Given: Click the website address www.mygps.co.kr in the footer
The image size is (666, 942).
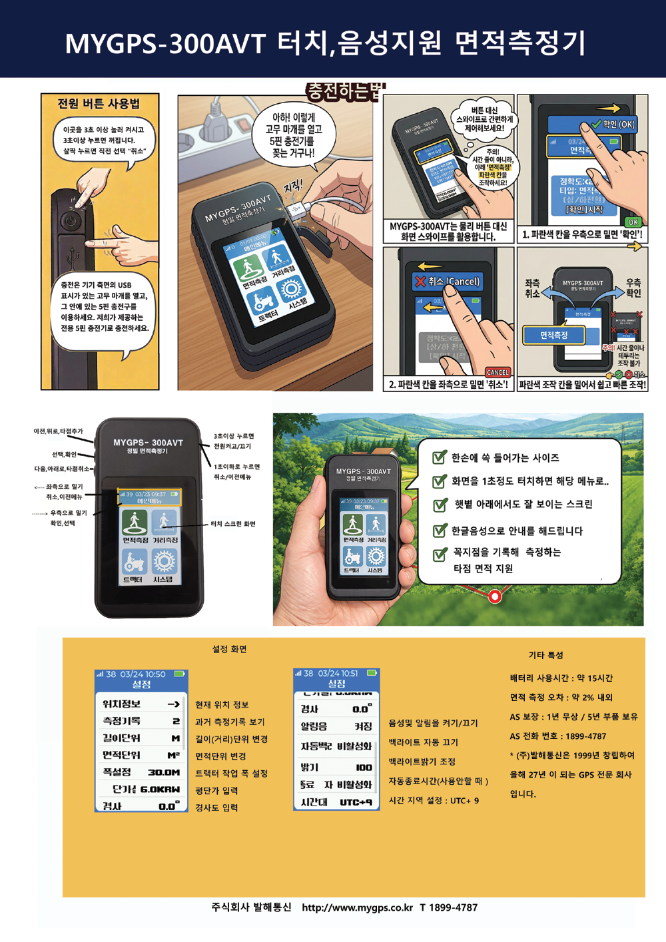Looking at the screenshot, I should point(357,907).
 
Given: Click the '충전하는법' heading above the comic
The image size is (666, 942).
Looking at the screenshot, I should point(345,91).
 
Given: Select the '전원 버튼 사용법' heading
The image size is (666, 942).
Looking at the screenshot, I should point(99,104).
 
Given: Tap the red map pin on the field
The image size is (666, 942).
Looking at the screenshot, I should point(495,596).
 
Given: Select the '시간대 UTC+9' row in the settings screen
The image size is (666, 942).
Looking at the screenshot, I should point(336,802).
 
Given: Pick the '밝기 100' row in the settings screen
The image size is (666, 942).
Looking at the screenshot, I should point(336,767).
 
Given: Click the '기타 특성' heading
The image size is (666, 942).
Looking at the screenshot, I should point(545,655).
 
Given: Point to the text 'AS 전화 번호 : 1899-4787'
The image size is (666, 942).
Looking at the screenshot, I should point(558,736).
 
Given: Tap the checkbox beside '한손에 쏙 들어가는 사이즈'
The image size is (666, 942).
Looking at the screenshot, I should point(440,457).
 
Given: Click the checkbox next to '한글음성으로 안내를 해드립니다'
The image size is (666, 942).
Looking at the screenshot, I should point(440,531).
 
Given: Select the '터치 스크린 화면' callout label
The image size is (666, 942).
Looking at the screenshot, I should point(233,524).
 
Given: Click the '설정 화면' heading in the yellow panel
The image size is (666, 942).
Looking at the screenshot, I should point(229,649).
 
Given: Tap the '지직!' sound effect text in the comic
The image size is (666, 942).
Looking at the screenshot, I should point(292,186).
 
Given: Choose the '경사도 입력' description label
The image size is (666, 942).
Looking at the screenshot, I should point(216,808).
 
